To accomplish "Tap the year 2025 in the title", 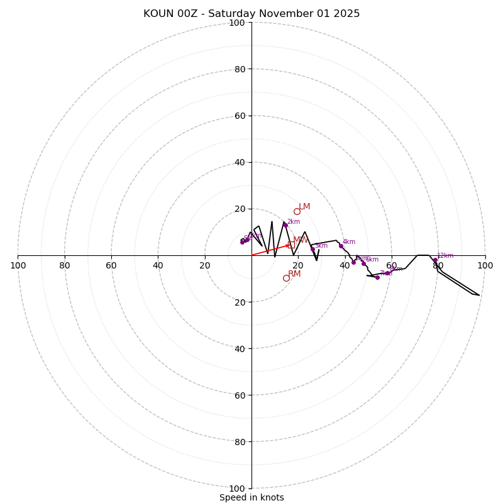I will click(x=346, y=14).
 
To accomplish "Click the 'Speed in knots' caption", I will click(x=251, y=497).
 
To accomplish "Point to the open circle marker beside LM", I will click(x=297, y=211).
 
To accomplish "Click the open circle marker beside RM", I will click(x=286, y=278).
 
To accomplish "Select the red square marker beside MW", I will click(x=291, y=245).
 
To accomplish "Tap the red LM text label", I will click(x=304, y=206).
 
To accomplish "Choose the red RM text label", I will click(x=294, y=274).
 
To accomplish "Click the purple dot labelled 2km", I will click(x=285, y=225).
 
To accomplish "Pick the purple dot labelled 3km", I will click(x=312, y=249).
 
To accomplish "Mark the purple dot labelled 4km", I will click(x=341, y=246).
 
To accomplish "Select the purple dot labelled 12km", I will click(x=435, y=260).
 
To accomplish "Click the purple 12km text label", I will click(x=445, y=256).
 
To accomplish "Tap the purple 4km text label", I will click(x=349, y=242).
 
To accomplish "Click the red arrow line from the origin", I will click(x=270, y=250).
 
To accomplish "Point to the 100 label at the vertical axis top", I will click(x=237, y=23).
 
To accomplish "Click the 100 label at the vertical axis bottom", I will click(x=237, y=489).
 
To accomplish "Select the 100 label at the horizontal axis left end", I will click(x=18, y=265).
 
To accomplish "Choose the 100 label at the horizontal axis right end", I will click(x=485, y=265).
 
